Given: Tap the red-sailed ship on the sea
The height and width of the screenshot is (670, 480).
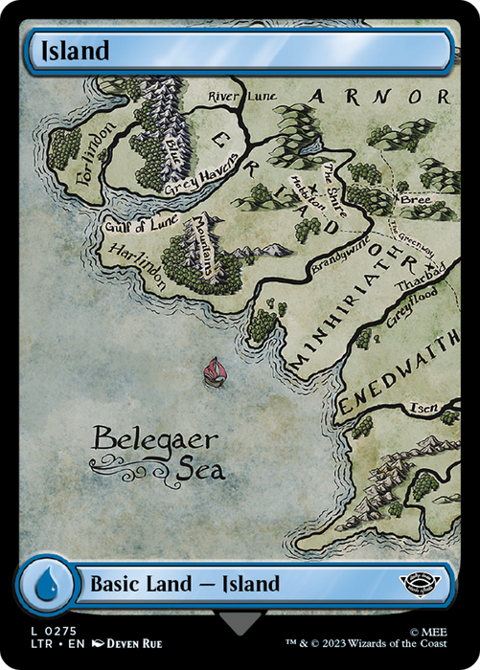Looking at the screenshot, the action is (x=215, y=370).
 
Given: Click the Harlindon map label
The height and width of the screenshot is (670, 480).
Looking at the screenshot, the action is (x=137, y=266).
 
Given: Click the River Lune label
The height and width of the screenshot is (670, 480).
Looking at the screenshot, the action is (x=236, y=96).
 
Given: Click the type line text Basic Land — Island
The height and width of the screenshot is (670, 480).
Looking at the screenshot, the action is (x=184, y=583).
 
